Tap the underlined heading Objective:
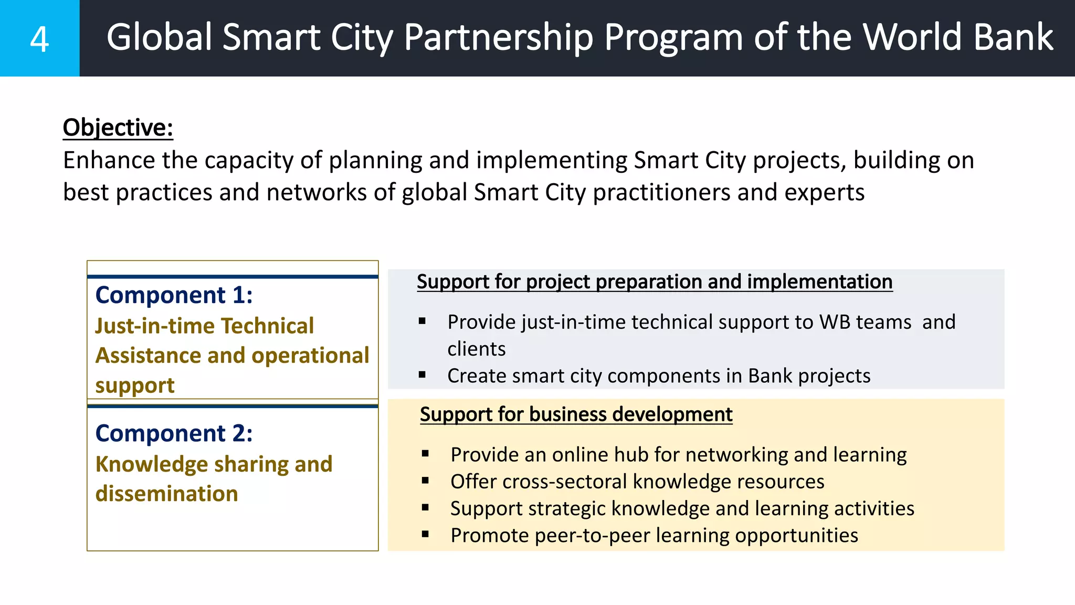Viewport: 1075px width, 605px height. pos(118,128)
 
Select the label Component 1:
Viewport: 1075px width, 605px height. pos(174,295)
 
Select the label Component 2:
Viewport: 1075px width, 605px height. pos(174,434)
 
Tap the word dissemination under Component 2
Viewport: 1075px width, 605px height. pos(166,494)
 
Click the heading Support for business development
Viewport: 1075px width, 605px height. pos(576,414)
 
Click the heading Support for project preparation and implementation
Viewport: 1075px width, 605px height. pos(654,282)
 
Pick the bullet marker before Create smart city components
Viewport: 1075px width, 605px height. pos(422,375)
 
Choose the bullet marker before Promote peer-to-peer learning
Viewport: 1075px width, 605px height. pos(425,535)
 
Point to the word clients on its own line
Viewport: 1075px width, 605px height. pos(476,349)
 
